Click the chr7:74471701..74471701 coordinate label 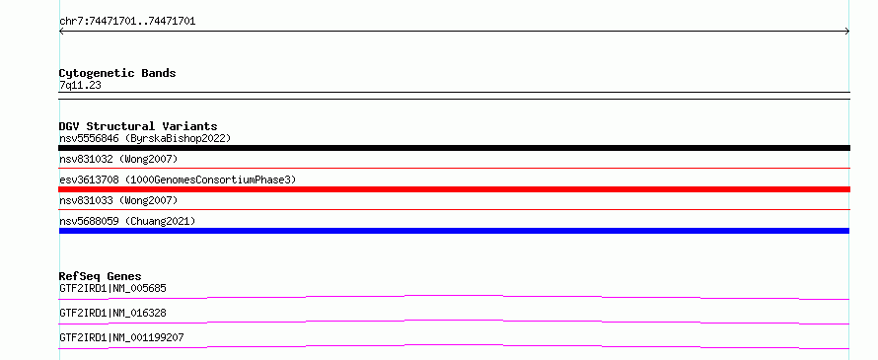[x=127, y=22]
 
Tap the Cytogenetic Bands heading [x=117, y=73]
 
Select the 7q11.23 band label [x=80, y=85]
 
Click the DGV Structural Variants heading [x=138, y=126]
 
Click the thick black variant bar [x=454, y=148]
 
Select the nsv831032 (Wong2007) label [x=118, y=159]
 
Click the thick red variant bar [x=454, y=189]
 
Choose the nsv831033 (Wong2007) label [x=118, y=200]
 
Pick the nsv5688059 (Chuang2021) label [x=127, y=221]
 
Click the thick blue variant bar [x=454, y=231]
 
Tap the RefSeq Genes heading [x=101, y=276]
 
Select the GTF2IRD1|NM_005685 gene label [x=112, y=288]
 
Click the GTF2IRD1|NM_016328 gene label [x=112, y=313]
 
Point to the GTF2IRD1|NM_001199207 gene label [x=121, y=337]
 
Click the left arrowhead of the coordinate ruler [x=60, y=32]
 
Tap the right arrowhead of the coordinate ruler [x=847, y=32]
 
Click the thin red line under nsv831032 [x=454, y=168]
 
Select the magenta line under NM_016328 [x=454, y=322]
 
